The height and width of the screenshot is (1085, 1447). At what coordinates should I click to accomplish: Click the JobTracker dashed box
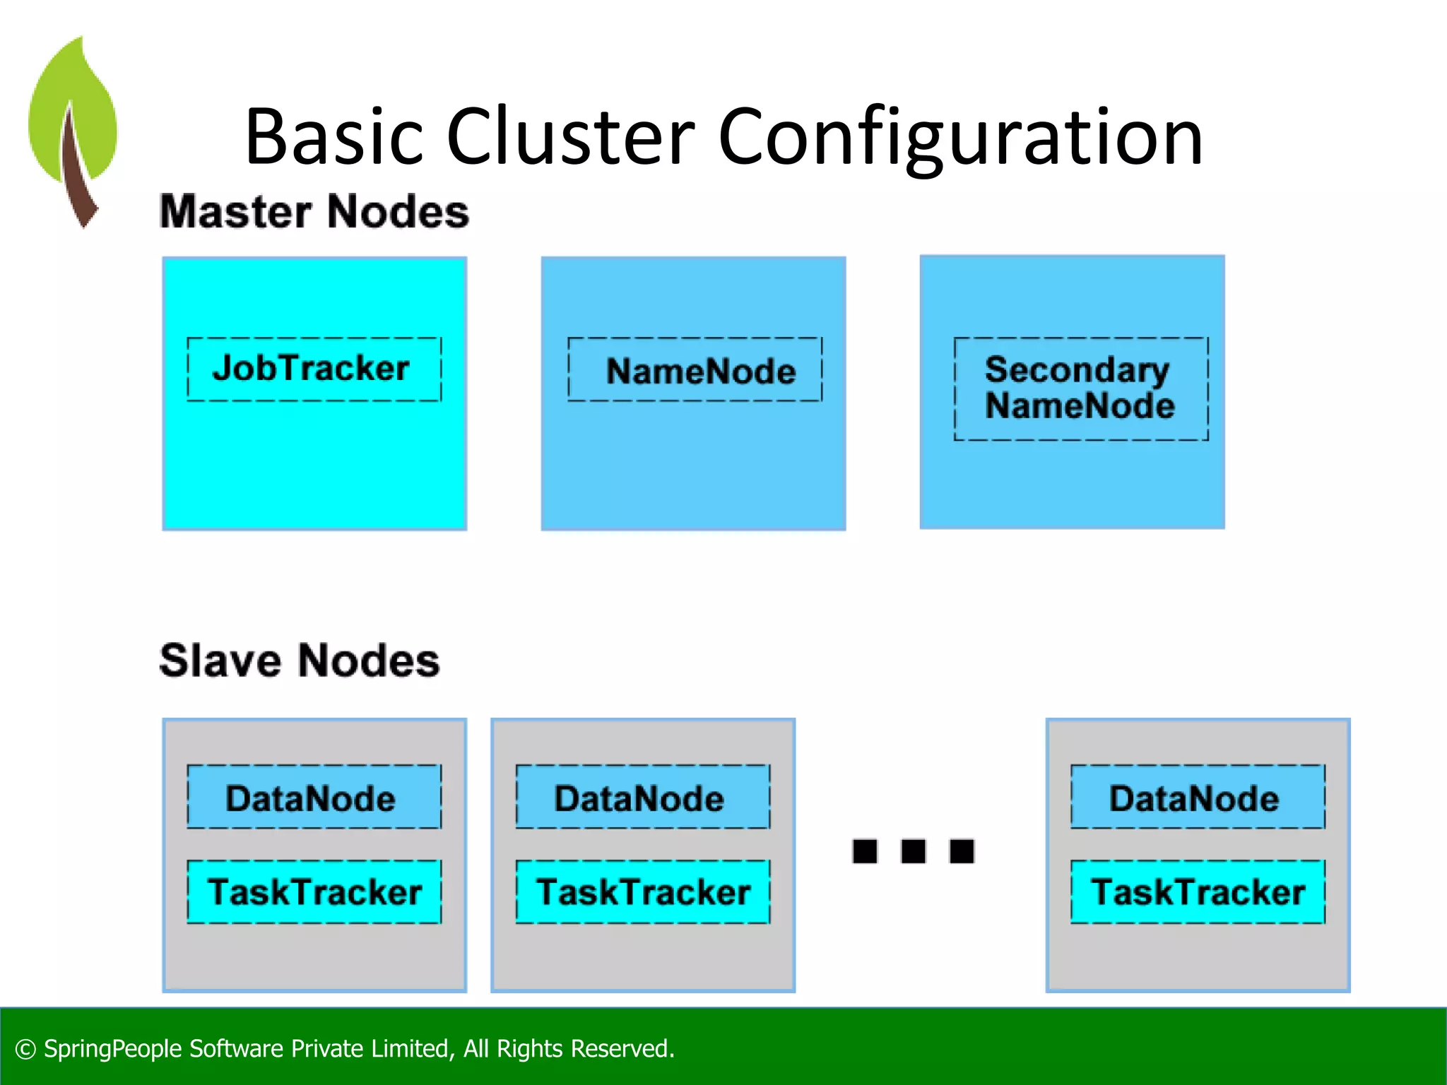pyautogui.click(x=314, y=369)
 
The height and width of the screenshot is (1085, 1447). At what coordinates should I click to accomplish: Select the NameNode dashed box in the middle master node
pyautogui.click(x=695, y=369)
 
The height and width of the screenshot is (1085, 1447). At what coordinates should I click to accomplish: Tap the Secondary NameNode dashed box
pyautogui.click(x=1080, y=389)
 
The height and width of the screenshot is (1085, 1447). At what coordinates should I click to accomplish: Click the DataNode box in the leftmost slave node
pyautogui.click(x=314, y=797)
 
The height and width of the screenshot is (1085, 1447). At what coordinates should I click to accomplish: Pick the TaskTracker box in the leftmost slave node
pyautogui.click(x=314, y=891)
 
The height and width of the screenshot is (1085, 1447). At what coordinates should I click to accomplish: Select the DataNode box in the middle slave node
pyautogui.click(x=642, y=797)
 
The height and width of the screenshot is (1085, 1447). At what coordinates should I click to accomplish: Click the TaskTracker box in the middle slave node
pyautogui.click(x=642, y=891)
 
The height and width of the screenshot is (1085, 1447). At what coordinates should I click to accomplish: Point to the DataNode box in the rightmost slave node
pyautogui.click(x=1197, y=797)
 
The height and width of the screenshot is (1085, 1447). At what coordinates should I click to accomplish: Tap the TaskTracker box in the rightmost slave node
pyautogui.click(x=1197, y=891)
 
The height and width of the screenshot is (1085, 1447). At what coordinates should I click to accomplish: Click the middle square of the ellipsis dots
pyautogui.click(x=913, y=851)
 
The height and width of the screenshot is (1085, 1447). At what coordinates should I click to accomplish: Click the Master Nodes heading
pyautogui.click(x=314, y=211)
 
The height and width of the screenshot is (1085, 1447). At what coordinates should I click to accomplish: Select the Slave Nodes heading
pyautogui.click(x=300, y=660)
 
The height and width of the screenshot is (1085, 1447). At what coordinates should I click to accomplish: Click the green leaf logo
pyautogui.click(x=72, y=127)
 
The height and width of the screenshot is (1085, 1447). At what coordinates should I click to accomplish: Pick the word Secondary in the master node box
pyautogui.click(x=1077, y=369)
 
